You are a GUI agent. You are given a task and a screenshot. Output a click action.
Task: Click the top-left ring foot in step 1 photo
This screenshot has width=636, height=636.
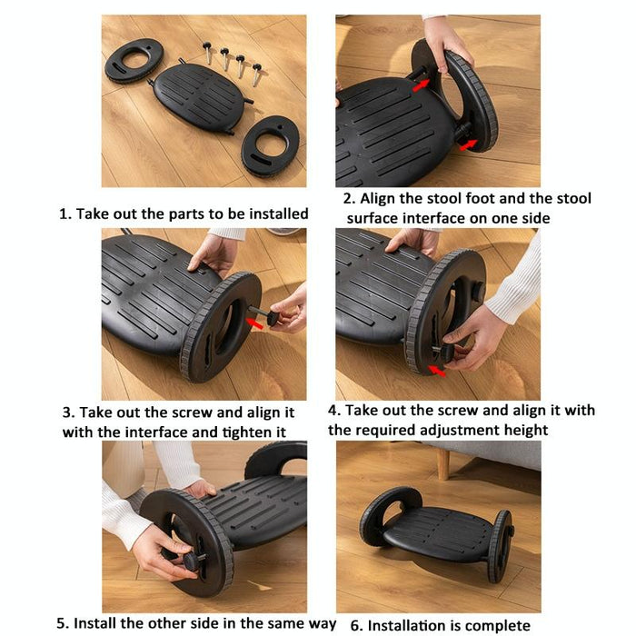point(134,61)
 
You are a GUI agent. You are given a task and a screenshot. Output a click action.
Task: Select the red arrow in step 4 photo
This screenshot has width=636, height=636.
point(437,369)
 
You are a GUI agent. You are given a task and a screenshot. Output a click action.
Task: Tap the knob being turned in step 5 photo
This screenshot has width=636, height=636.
point(192,561)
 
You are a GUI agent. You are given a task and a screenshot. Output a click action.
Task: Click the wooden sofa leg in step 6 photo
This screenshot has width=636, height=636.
point(442,463)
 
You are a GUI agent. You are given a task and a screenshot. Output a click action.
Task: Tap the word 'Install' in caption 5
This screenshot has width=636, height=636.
point(99,623)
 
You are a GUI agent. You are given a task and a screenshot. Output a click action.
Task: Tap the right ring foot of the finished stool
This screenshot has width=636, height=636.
point(501,545)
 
